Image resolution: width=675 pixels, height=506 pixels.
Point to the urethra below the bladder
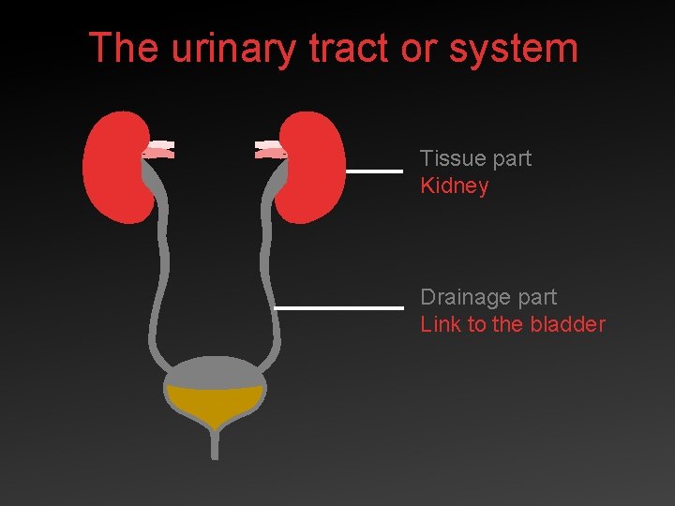coord(215,444)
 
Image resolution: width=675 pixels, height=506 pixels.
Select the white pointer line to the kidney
coord(374,171)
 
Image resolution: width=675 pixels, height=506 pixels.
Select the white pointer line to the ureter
coord(338,307)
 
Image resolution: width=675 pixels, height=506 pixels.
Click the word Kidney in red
coord(455,186)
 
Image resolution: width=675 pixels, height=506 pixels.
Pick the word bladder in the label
coord(567,324)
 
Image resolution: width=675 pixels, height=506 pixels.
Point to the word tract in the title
coord(346,48)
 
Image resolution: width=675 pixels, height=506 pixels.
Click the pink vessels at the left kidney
coord(158,148)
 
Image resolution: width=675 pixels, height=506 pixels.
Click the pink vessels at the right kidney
coord(270,148)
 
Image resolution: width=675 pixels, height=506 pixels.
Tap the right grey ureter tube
coord(272,281)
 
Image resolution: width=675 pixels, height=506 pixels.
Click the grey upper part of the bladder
coord(215,371)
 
